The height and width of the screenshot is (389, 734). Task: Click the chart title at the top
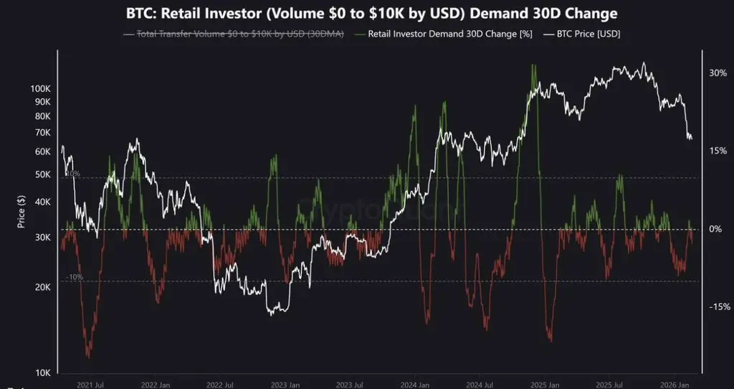(x=366, y=14)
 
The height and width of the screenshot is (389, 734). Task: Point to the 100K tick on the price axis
(x=40, y=88)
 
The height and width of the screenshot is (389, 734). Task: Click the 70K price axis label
(x=42, y=133)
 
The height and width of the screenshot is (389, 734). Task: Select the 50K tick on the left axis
(x=42, y=174)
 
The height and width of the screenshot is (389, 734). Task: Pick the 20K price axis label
(x=42, y=287)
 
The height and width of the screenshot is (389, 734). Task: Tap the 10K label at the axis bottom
(x=42, y=372)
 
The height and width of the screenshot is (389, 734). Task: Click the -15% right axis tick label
(x=720, y=307)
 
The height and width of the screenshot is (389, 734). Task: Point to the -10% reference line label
(x=74, y=277)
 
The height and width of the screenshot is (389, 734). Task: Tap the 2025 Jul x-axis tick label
(x=614, y=384)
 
